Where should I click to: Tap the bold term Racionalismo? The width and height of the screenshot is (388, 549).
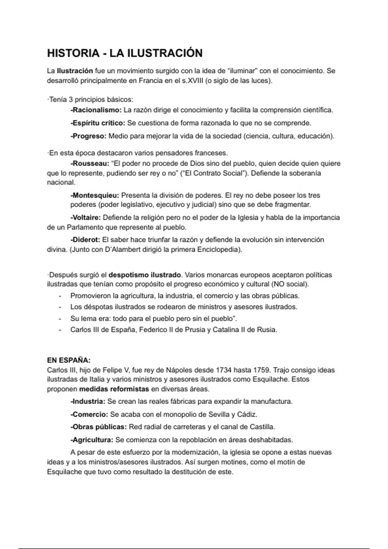coord(96,110)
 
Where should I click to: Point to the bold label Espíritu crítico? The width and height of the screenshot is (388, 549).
coord(98,123)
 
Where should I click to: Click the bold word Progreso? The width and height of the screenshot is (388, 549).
coord(89,136)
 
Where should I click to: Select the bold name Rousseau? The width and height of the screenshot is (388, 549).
coord(90,164)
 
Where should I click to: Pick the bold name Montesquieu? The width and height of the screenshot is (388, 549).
coord(95,195)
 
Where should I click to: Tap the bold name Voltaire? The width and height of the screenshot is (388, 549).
coord(86,218)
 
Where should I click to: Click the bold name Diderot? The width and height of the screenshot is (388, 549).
coord(85,240)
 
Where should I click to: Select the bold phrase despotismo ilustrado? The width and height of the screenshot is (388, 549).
coord(145,275)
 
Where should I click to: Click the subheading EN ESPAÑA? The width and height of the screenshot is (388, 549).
coord(69,360)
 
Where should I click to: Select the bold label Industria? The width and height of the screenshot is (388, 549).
coord(88,402)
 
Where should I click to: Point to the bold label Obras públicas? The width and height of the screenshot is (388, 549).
coord(99,427)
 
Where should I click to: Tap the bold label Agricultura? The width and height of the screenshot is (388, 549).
coord(92,440)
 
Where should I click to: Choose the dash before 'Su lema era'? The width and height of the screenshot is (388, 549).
coord(60,319)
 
